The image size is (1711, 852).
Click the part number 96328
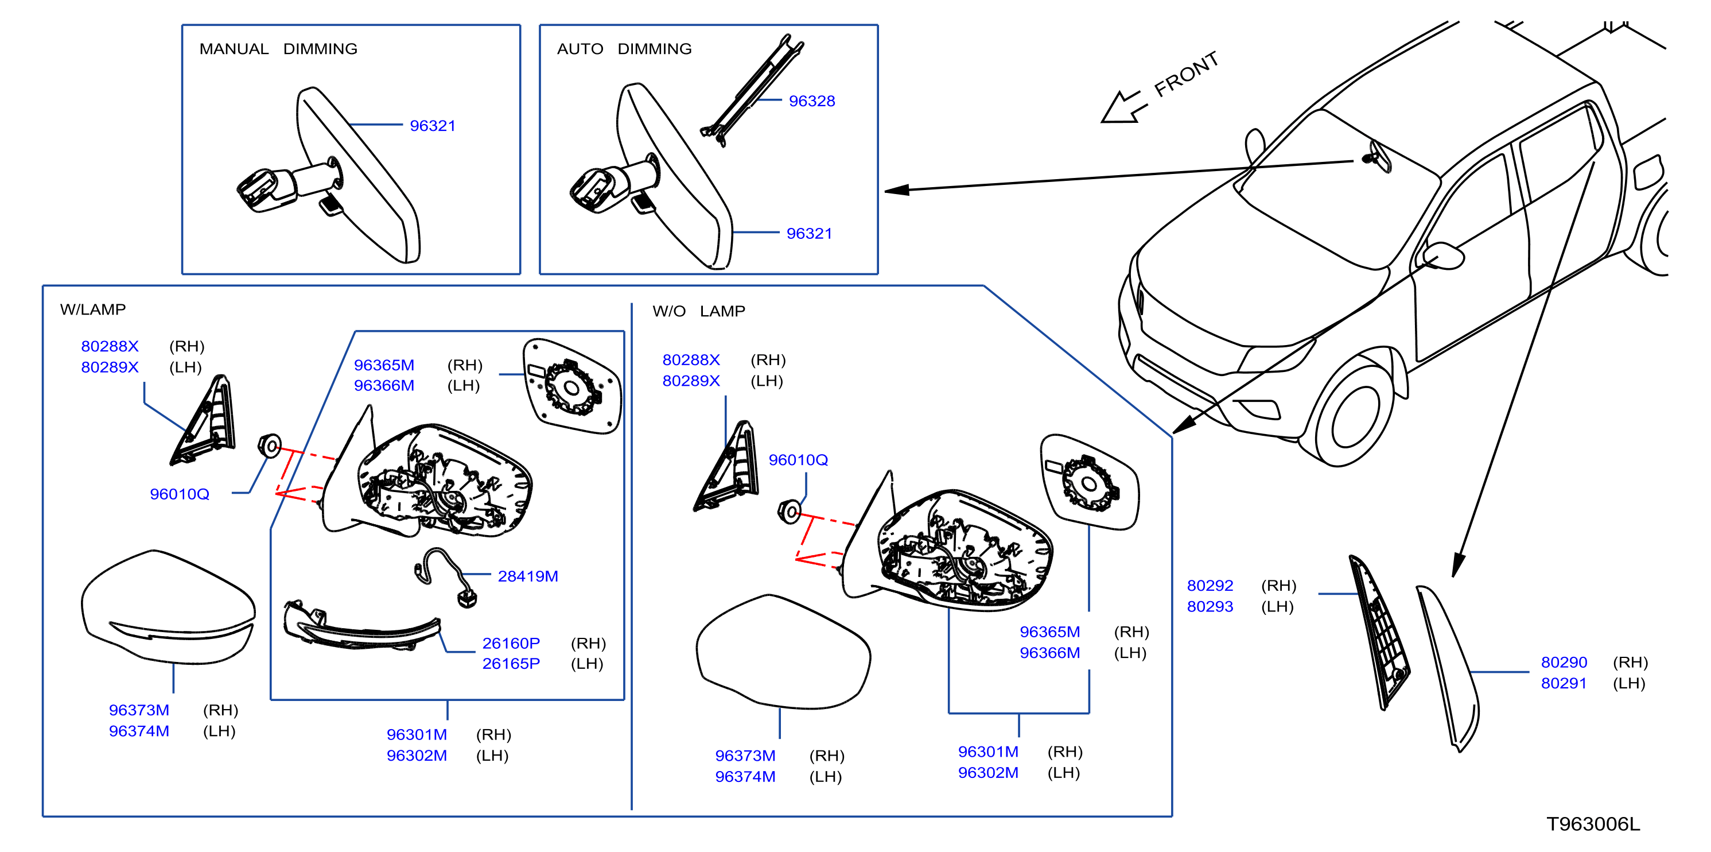812,101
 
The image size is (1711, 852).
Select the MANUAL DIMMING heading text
278,49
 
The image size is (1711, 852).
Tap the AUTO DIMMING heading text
624,49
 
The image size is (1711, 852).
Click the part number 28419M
528,576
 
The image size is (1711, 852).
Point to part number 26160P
511,644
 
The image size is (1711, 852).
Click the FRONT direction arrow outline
1122,107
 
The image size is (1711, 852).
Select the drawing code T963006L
1593,824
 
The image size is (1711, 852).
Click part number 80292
1210,586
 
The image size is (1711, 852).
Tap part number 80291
1564,683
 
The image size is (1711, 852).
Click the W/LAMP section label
93,309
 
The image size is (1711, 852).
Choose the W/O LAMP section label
699,311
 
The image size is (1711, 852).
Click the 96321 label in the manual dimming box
433,126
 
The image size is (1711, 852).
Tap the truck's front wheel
1355,415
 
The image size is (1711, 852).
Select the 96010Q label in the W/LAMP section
180,494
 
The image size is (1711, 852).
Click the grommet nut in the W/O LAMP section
789,512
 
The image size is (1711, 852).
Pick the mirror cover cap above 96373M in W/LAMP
169,607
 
